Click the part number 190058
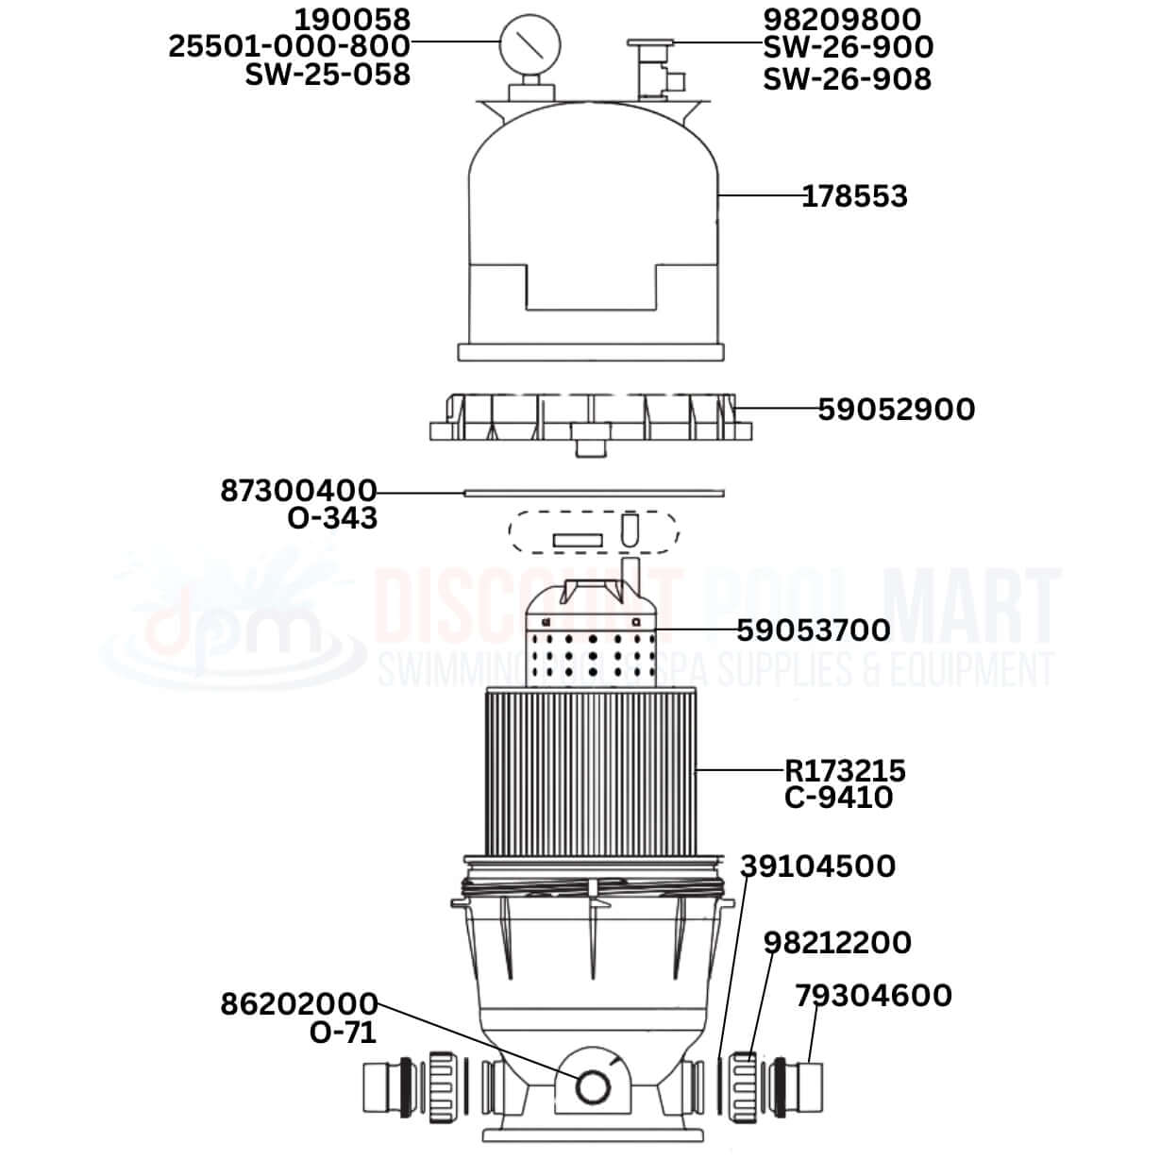tap(352, 19)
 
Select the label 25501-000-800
tap(290, 46)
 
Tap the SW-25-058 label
tap(328, 75)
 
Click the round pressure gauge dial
tap(530, 43)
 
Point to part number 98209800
tap(842, 19)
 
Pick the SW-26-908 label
tap(847, 79)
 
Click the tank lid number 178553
tap(854, 196)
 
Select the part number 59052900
tap(896, 409)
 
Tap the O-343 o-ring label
tap(332, 517)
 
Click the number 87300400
tap(299, 491)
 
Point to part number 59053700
tap(813, 630)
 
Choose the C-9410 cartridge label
tap(838, 798)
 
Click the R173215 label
tap(845, 771)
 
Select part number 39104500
tap(817, 866)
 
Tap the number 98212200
tap(837, 942)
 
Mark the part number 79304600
tap(873, 995)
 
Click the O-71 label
tap(343, 1033)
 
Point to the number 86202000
tap(299, 1003)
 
